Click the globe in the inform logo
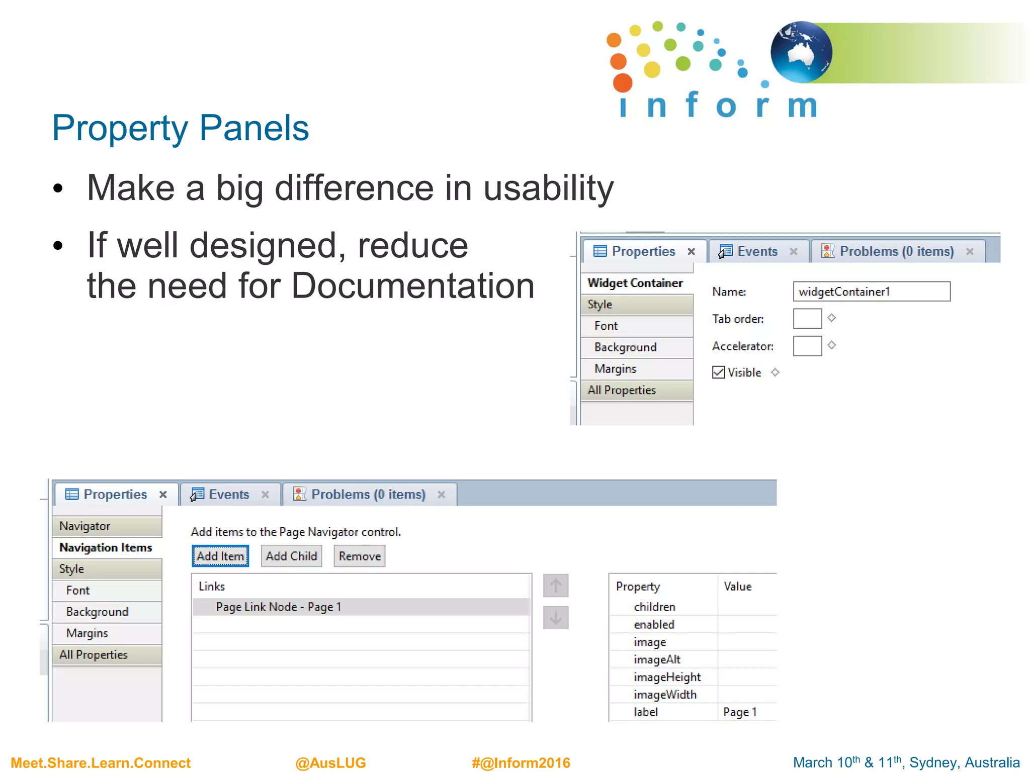tap(801, 52)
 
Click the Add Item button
tap(220, 556)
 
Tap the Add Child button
tap(291, 556)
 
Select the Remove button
tap(360, 556)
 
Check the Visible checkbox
tap(719, 372)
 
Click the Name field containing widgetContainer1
tap(871, 292)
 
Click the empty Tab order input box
tap(807, 319)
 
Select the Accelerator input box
tap(807, 346)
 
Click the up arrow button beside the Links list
tap(556, 586)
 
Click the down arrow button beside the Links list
tap(556, 618)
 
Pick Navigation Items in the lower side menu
tap(106, 547)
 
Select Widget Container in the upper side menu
tap(635, 283)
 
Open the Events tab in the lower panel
tap(229, 495)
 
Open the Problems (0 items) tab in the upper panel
tap(896, 251)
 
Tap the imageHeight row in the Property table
tap(667, 677)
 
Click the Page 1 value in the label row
tap(740, 712)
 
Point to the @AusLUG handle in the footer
tap(330, 762)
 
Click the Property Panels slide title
tap(181, 128)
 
